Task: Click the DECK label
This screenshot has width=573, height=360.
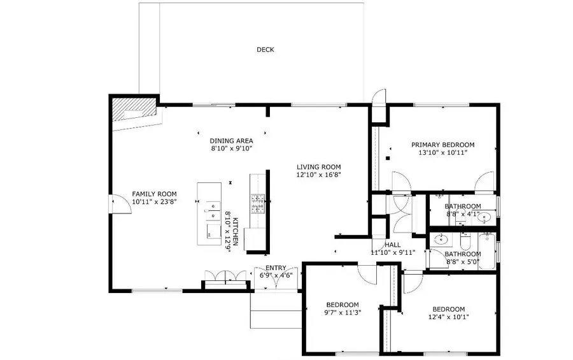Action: (265, 50)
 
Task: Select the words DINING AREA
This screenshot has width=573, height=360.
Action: (232, 141)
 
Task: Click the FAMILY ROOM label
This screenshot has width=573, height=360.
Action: (154, 194)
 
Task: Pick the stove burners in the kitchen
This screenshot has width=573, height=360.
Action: (258, 203)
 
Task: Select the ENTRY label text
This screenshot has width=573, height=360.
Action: (276, 268)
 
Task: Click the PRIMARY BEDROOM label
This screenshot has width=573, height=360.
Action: (442, 145)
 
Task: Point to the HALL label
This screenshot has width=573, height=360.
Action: (392, 245)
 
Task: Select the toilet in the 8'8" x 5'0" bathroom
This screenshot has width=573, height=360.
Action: (465, 242)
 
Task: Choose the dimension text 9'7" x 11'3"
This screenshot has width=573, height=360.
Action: (343, 313)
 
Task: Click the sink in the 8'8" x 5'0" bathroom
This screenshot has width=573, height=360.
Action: (440, 240)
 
